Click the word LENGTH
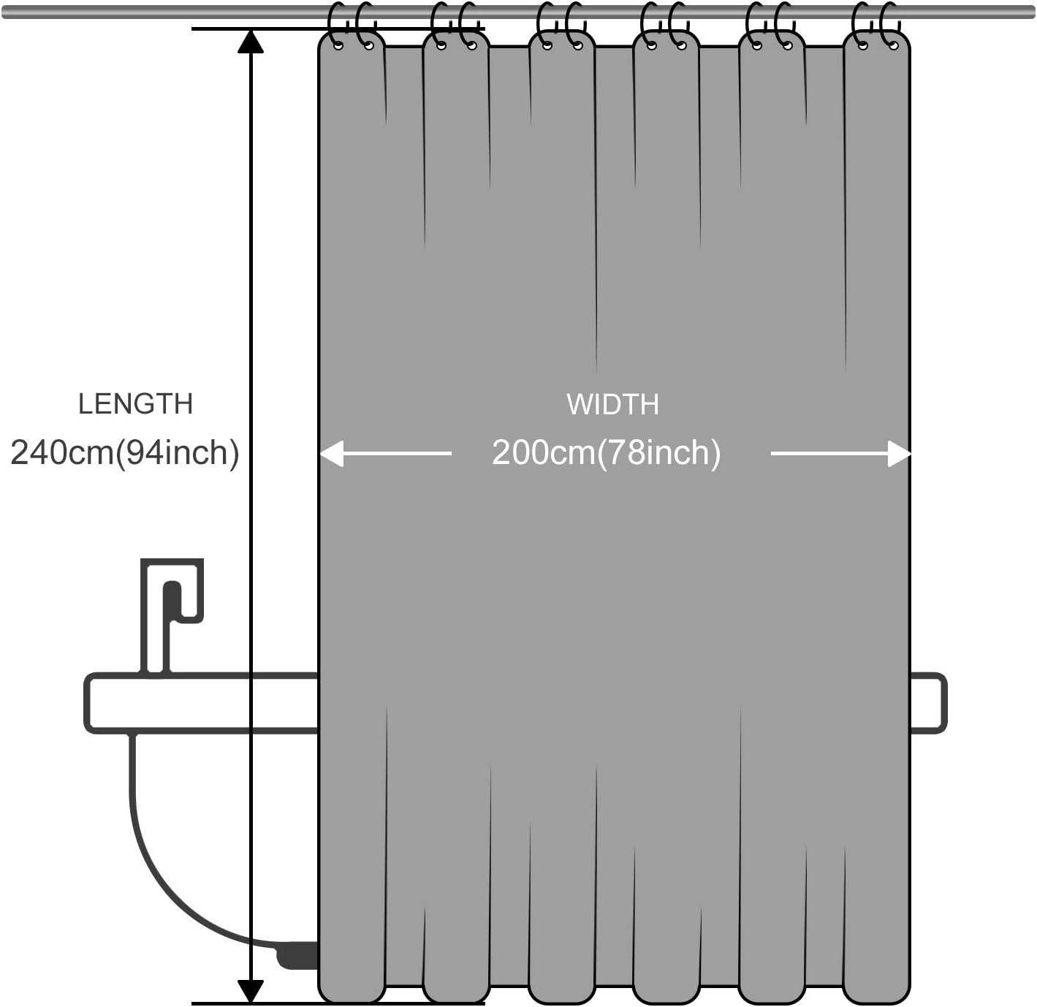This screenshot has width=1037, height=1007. [135, 404]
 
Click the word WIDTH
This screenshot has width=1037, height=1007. [612, 405]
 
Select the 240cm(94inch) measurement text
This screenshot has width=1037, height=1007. [125, 453]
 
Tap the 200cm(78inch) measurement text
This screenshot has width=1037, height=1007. [606, 453]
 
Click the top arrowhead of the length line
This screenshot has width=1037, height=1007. [251, 42]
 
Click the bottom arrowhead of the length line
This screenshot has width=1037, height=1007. [251, 990]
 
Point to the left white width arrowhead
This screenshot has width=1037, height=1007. [332, 454]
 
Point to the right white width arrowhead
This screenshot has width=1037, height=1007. [899, 454]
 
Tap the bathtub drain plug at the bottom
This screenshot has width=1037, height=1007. [297, 955]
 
